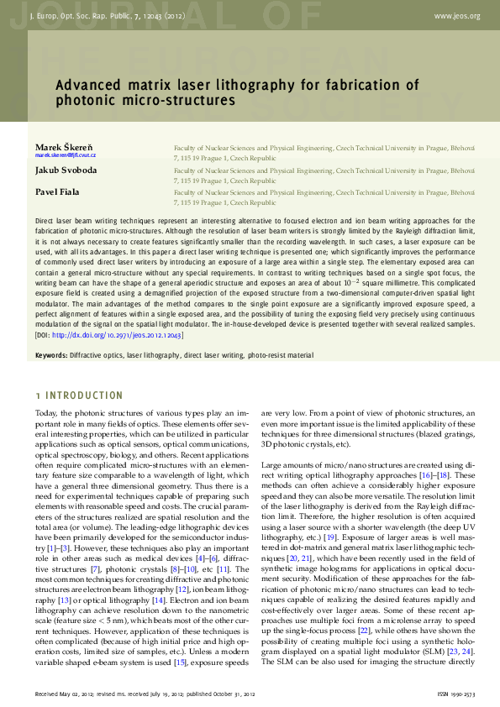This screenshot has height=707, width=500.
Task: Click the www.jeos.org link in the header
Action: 457,16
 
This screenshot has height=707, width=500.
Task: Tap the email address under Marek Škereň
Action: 66,156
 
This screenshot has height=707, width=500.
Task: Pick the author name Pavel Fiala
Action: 57,191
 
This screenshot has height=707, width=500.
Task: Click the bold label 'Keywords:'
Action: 51,356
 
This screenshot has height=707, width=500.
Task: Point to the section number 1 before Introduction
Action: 38,395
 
